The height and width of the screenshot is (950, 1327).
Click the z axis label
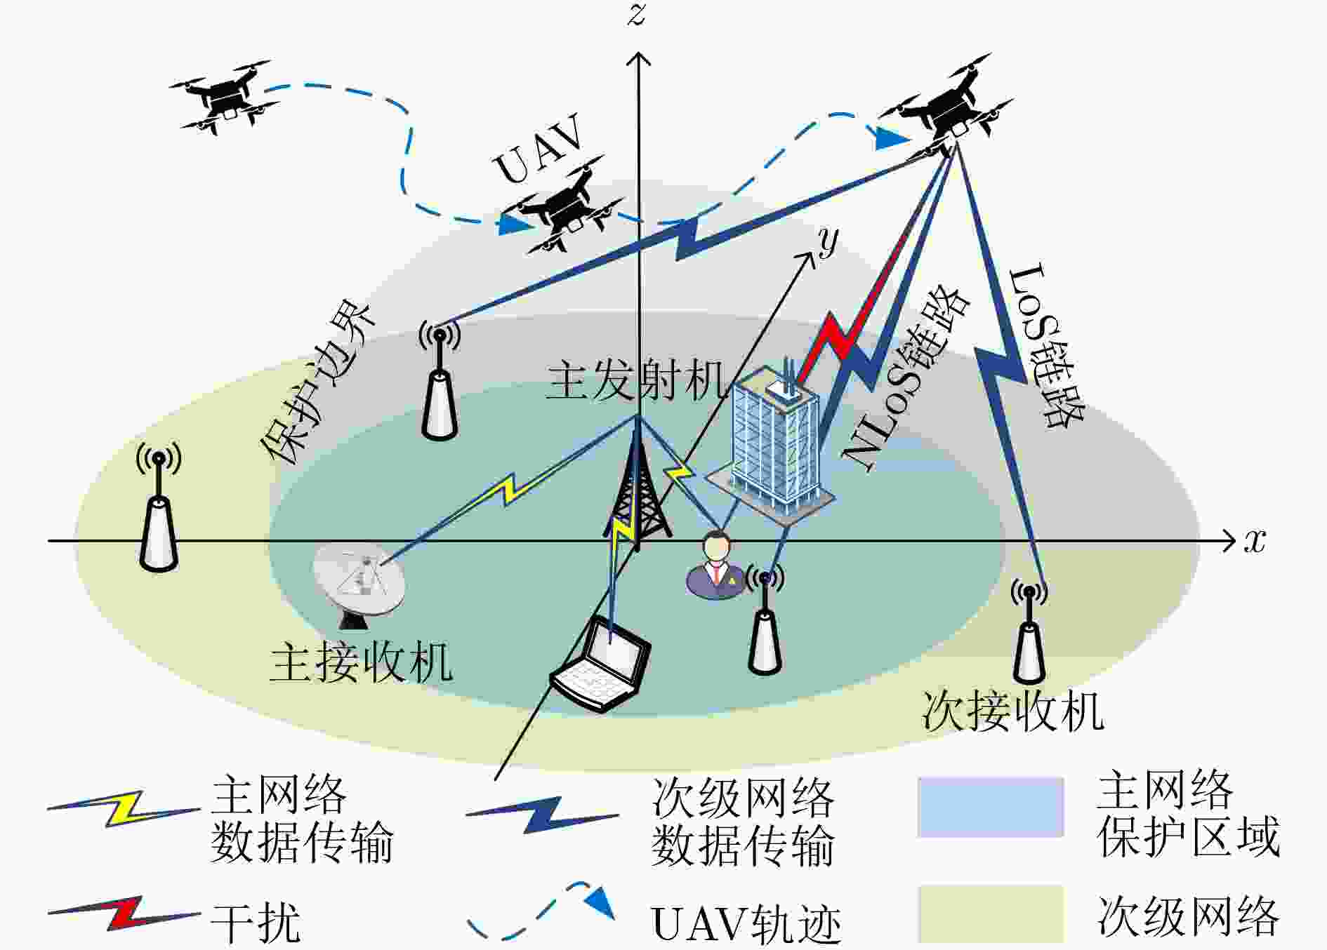click(x=636, y=15)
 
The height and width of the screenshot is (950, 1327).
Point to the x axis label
click(x=1255, y=541)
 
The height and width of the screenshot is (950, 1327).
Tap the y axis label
click(x=828, y=242)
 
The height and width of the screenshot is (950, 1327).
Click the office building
click(x=773, y=442)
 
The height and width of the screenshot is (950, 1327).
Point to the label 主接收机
click(x=361, y=662)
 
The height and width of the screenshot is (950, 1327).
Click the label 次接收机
click(x=1012, y=711)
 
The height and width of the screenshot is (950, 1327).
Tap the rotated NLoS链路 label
click(x=906, y=379)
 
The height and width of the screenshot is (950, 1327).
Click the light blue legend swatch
click(x=991, y=807)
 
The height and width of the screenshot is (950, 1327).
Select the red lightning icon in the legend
click(x=124, y=913)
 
